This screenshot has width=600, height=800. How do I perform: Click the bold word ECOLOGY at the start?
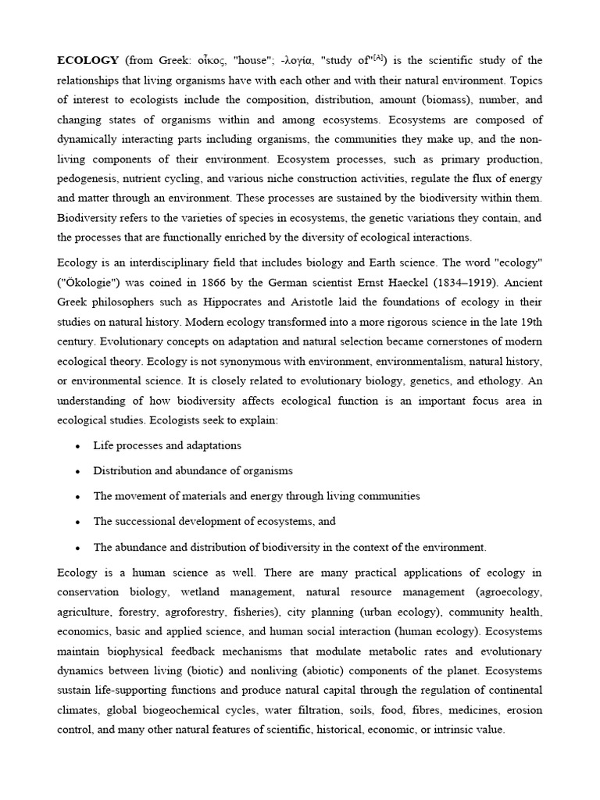(88, 60)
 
